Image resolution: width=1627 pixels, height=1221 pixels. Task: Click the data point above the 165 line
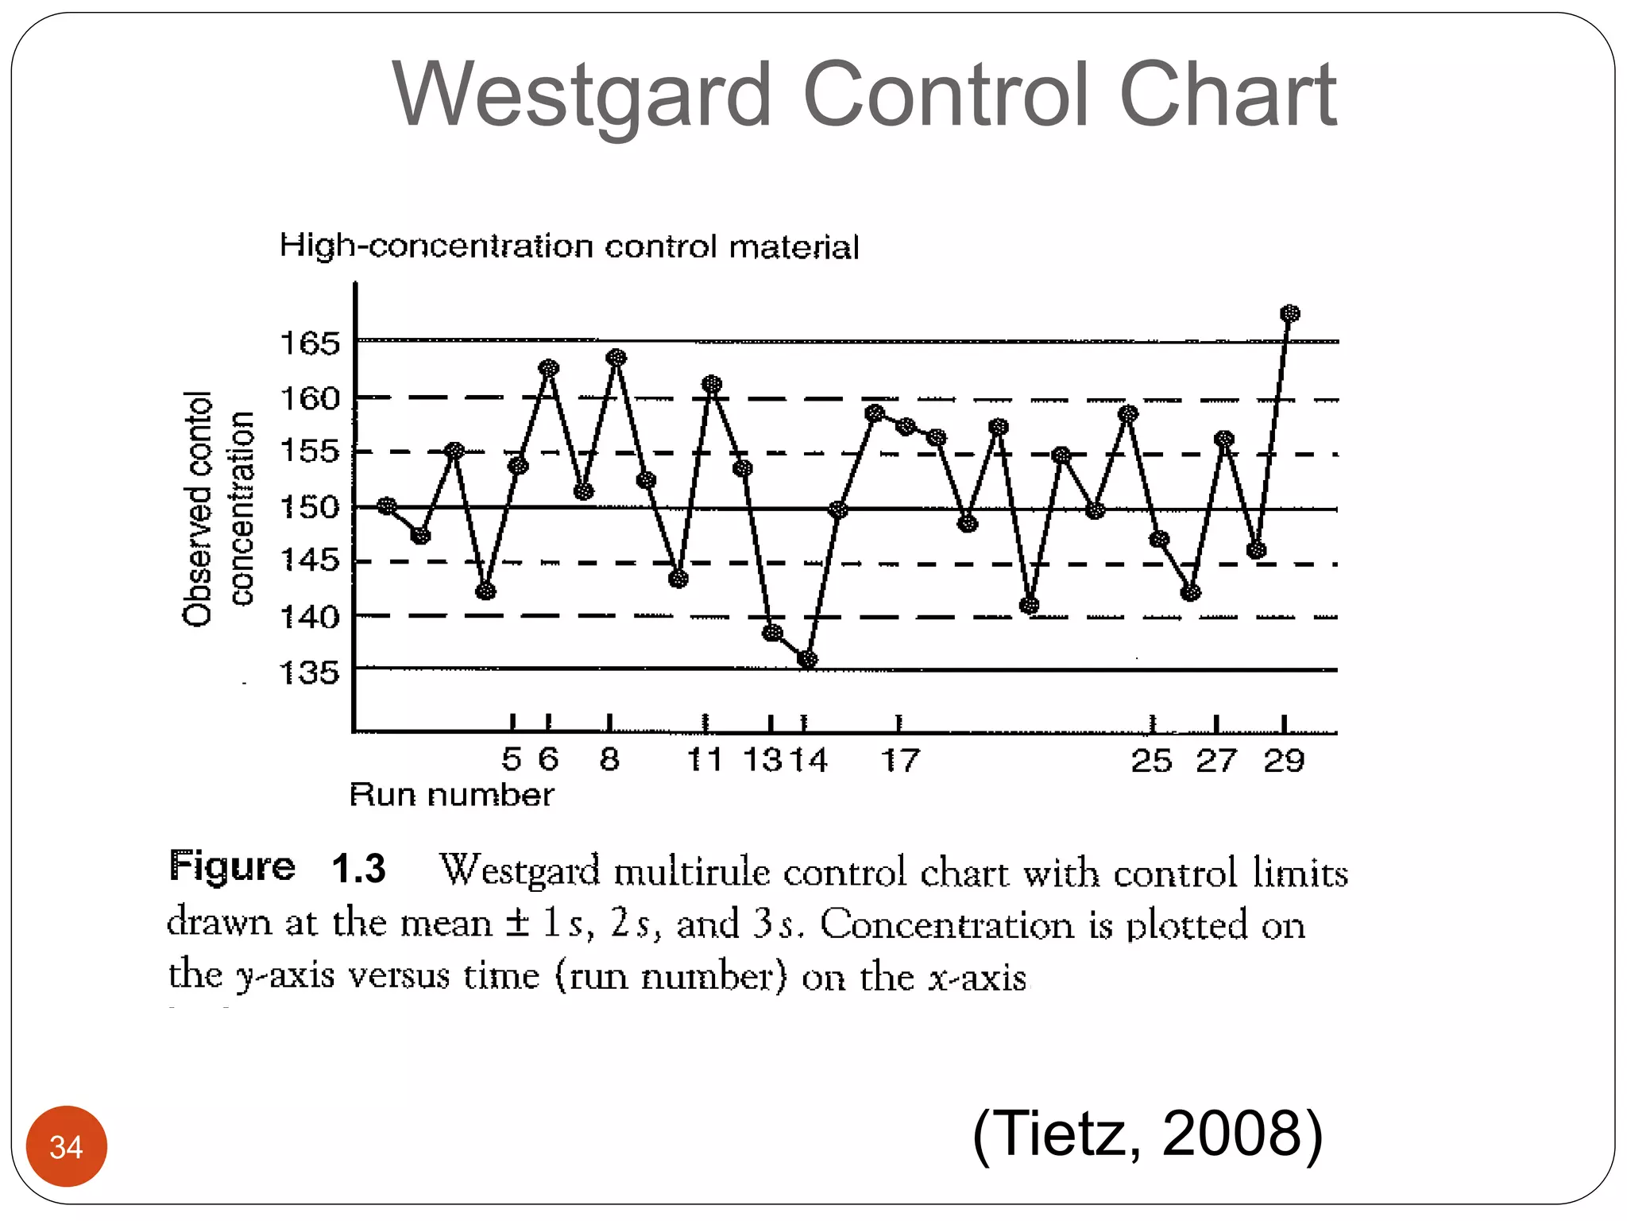pyautogui.click(x=1290, y=314)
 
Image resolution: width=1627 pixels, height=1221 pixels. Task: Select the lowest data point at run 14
pyautogui.click(x=807, y=659)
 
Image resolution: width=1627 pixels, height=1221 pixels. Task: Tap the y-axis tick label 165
pyautogui.click(x=310, y=343)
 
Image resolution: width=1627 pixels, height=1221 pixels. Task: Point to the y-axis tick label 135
pyautogui.click(x=310, y=673)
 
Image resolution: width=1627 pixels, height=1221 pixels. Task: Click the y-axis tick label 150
pyautogui.click(x=310, y=506)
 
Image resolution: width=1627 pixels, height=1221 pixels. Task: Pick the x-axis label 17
pyautogui.click(x=900, y=761)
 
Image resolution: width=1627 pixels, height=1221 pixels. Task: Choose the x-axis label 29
pyautogui.click(x=1284, y=761)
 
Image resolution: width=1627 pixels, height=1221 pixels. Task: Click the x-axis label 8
pyautogui.click(x=609, y=759)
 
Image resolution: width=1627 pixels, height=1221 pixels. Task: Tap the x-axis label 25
pyautogui.click(x=1151, y=761)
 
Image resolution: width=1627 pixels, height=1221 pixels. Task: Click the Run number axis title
pyautogui.click(x=451, y=795)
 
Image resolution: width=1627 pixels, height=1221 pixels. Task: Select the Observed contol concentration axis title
pyautogui.click(x=218, y=509)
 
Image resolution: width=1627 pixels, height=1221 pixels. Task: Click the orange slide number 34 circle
pyautogui.click(x=67, y=1146)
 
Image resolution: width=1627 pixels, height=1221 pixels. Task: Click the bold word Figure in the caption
pyautogui.click(x=232, y=866)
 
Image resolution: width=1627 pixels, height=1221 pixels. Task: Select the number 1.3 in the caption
pyautogui.click(x=358, y=867)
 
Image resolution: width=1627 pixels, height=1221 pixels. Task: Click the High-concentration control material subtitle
pyautogui.click(x=569, y=246)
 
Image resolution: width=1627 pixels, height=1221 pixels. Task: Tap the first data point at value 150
pyautogui.click(x=387, y=506)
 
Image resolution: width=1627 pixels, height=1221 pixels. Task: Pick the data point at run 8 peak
pyautogui.click(x=616, y=358)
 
